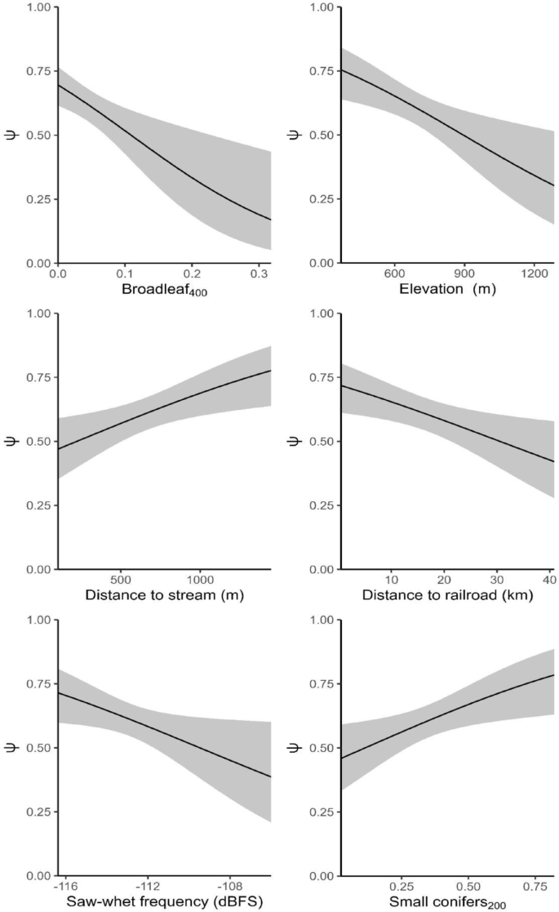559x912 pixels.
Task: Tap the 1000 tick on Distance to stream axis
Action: (x=201, y=579)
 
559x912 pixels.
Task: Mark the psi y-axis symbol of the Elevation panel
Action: (x=295, y=136)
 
